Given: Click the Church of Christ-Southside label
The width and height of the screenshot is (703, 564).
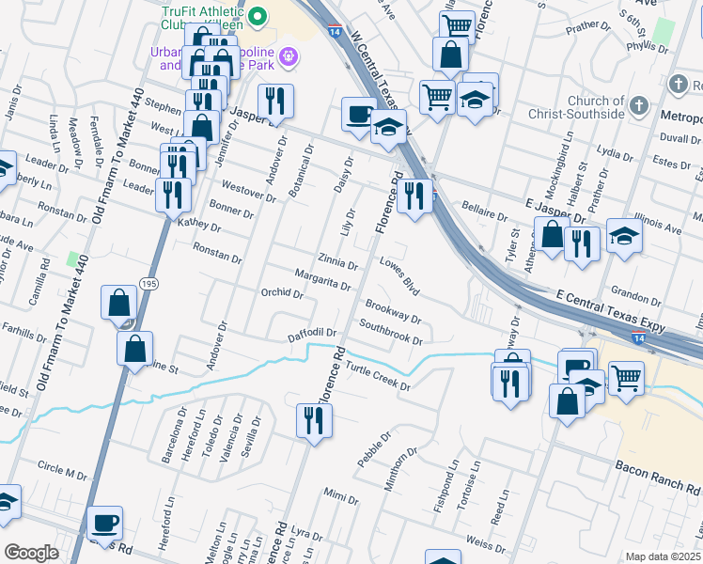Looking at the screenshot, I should [583, 107].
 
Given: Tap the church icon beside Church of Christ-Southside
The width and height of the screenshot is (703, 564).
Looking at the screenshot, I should [639, 105].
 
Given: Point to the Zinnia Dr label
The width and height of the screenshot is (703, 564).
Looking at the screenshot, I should [339, 259].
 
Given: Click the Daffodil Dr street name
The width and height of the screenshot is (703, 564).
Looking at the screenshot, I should [313, 334].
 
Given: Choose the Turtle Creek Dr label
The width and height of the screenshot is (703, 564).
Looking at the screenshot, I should [379, 376].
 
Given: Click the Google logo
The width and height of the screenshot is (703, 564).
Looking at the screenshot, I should [31, 553].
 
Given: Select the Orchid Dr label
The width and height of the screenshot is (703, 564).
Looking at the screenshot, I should [282, 293].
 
